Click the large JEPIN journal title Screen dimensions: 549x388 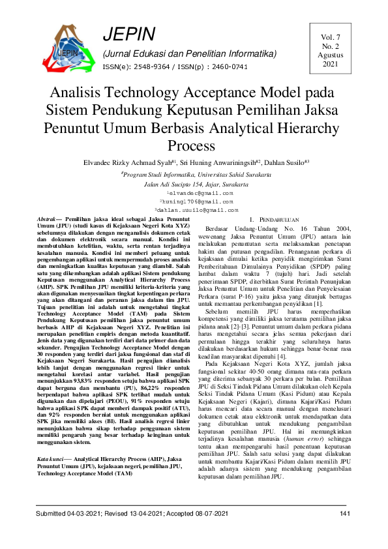128,35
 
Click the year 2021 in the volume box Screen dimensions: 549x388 331,65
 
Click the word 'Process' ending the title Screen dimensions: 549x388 194,145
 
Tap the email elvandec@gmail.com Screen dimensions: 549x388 195,194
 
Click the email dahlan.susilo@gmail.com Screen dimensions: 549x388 195,210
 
